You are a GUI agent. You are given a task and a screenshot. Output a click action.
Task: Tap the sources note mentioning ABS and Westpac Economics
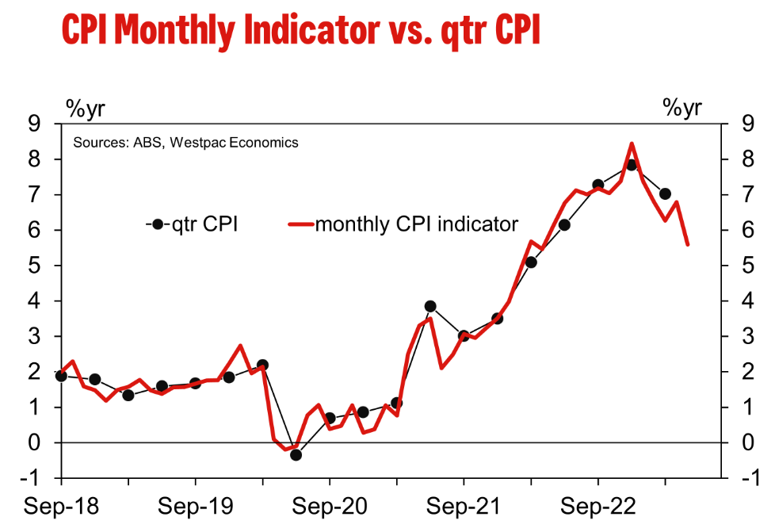(x=185, y=143)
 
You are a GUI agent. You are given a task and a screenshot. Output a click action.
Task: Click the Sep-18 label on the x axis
(x=62, y=506)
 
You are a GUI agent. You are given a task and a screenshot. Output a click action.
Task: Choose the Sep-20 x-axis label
(x=330, y=506)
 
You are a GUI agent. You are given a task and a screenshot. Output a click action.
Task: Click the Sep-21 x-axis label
(x=464, y=506)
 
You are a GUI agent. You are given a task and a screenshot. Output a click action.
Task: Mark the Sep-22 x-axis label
(x=597, y=506)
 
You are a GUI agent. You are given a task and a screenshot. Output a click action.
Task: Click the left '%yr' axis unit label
(x=85, y=108)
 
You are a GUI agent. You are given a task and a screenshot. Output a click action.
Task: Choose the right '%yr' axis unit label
(x=681, y=108)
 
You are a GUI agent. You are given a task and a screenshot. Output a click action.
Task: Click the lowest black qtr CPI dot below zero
(x=296, y=454)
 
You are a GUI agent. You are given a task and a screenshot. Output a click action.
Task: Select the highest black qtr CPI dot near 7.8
(x=632, y=165)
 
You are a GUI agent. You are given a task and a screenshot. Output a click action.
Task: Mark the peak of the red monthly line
(x=632, y=144)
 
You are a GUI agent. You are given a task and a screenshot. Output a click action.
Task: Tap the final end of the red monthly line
(x=687, y=244)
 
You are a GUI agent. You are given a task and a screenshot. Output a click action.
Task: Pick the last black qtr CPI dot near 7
(x=665, y=193)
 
